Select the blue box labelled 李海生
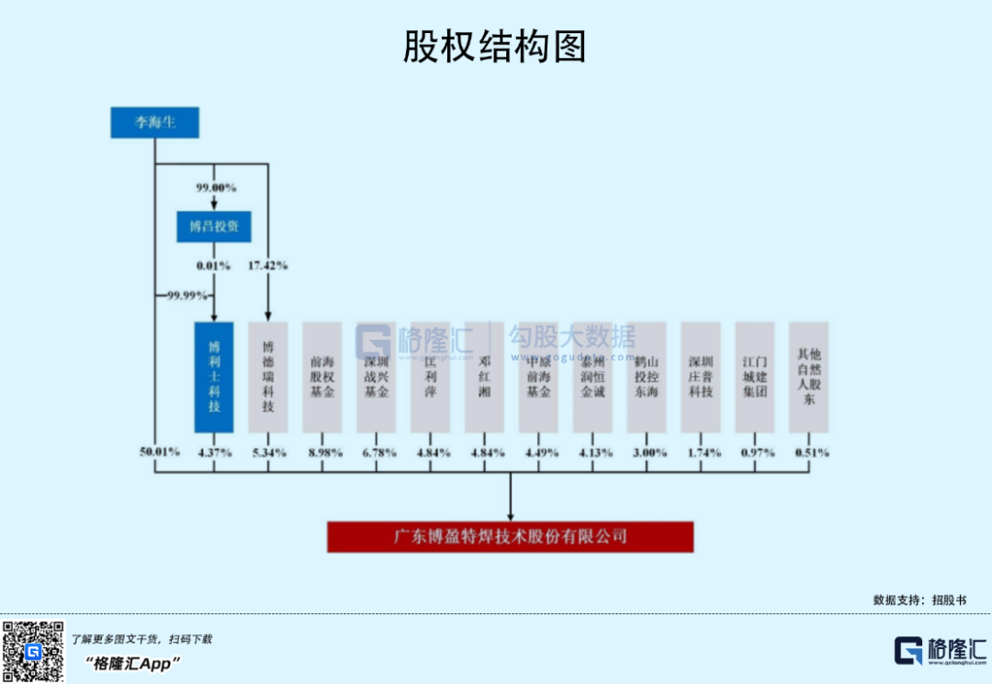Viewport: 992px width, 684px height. click(154, 122)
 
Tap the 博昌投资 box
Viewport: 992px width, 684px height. click(213, 226)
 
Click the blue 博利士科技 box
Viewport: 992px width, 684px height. click(214, 376)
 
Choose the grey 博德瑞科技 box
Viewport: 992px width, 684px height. click(268, 376)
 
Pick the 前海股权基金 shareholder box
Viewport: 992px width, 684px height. click(321, 376)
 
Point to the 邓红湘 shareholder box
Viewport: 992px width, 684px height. click(484, 376)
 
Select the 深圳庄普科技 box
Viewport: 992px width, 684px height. click(701, 376)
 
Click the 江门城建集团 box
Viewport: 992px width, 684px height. click(755, 376)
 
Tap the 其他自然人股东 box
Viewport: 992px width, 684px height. click(808, 376)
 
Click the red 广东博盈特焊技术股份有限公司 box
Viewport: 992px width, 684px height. click(510, 536)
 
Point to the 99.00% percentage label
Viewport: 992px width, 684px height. click(216, 187)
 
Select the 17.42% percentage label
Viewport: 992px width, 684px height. click(267, 265)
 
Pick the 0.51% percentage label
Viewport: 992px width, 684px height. click(810, 452)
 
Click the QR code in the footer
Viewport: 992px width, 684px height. click(33, 651)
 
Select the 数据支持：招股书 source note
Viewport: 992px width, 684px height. click(919, 600)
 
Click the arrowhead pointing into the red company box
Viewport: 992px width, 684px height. click(511, 516)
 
